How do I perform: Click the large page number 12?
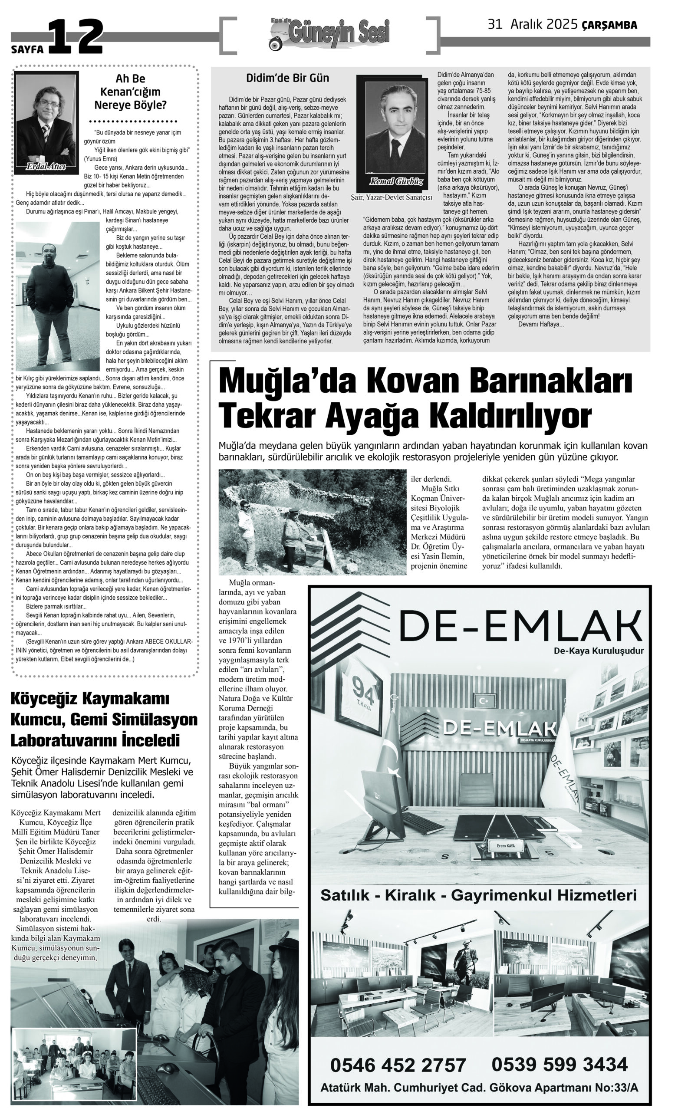(x=76, y=37)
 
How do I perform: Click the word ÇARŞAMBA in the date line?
(x=609, y=26)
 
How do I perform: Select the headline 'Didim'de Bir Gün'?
(x=287, y=78)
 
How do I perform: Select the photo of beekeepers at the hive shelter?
(x=312, y=521)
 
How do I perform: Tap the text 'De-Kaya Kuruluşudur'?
(x=599, y=651)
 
